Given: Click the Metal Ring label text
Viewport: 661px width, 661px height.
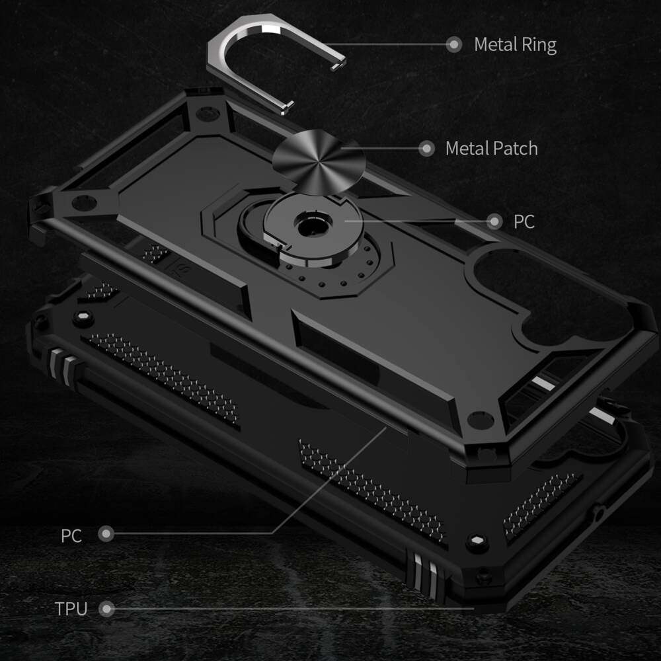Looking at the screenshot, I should [x=515, y=45].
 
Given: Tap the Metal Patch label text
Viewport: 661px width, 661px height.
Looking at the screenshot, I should [x=491, y=148].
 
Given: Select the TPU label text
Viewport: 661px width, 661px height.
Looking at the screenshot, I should [x=71, y=609].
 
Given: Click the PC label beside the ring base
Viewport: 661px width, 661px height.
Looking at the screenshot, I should [x=524, y=222].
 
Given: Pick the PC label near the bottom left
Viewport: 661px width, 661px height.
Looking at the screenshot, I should [x=71, y=535].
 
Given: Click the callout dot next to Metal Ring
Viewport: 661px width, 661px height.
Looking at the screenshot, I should [x=453, y=45].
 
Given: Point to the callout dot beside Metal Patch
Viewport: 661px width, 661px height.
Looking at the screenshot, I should [x=427, y=148].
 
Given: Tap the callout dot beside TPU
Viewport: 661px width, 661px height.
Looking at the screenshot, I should [x=106, y=609].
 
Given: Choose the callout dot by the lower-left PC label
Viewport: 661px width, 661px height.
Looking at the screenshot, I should [x=106, y=533].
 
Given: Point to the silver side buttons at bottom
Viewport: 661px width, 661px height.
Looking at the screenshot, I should [x=426, y=572].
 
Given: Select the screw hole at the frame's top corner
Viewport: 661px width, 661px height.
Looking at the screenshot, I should [x=207, y=113].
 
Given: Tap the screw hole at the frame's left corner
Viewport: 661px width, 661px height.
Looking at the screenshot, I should [x=84, y=202].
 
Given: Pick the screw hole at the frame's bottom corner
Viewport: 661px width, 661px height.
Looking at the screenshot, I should [x=481, y=419].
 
